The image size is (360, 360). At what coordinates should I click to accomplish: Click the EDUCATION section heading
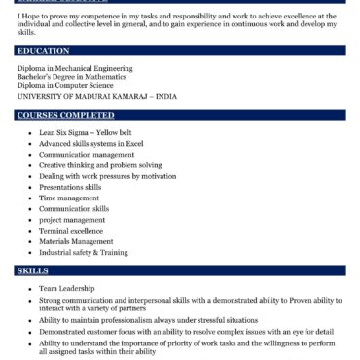[x=43, y=50]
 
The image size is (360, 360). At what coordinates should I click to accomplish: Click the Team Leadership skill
[x=67, y=289]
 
